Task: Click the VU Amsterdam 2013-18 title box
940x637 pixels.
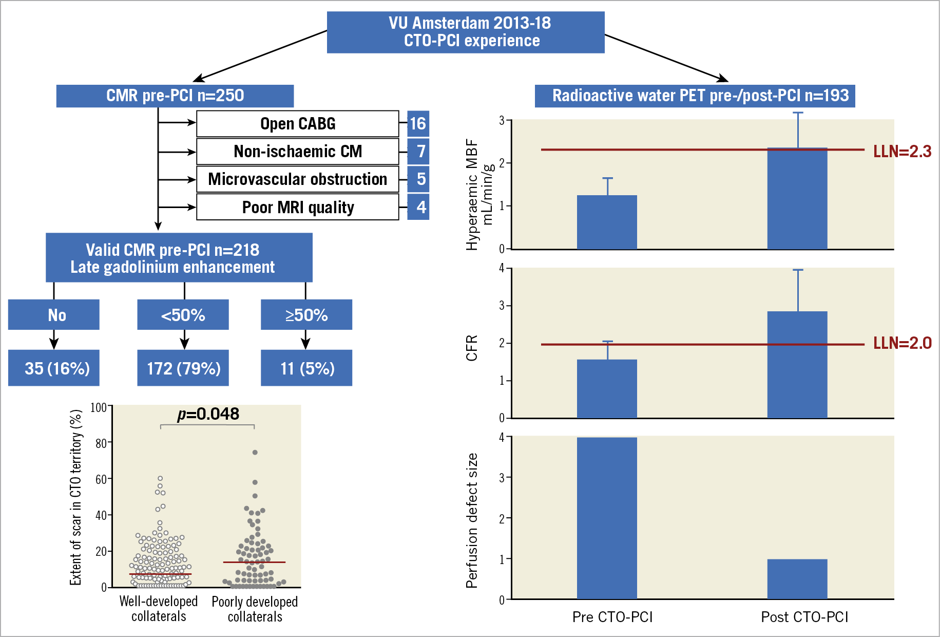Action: point(466,32)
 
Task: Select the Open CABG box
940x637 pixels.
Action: point(298,124)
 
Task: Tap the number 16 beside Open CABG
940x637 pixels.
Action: point(418,124)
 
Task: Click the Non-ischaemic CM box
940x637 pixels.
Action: point(298,152)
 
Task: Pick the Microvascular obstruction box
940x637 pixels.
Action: point(298,179)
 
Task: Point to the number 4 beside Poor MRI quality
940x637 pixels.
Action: point(421,207)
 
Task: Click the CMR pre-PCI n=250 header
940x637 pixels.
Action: point(175,96)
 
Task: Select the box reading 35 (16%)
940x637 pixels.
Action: point(54,368)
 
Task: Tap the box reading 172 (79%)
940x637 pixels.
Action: point(183,368)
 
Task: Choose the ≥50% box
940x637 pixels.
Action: point(306,314)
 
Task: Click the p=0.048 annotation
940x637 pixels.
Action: point(208,414)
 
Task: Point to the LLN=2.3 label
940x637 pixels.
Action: point(902,151)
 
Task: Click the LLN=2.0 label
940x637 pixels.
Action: point(902,343)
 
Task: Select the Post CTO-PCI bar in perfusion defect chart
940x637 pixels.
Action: point(797,579)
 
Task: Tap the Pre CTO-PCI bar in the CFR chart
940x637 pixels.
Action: point(607,389)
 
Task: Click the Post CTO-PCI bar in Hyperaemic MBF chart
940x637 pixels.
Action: point(797,199)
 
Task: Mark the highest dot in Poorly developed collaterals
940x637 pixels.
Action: point(255,453)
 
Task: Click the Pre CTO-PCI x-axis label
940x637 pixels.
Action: point(612,617)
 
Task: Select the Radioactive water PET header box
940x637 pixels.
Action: point(695,96)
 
